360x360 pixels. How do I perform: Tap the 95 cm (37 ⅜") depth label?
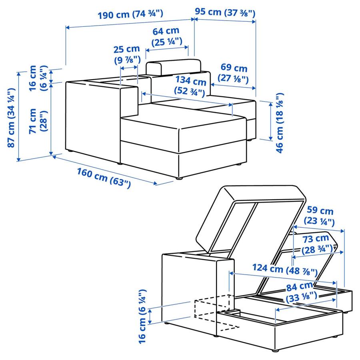tap(225, 12)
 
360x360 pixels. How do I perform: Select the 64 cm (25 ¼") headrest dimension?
tap(167, 36)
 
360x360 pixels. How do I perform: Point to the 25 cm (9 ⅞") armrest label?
tap(126, 54)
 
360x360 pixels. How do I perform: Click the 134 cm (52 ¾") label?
tap(190, 86)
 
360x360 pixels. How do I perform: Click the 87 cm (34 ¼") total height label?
tap(12, 120)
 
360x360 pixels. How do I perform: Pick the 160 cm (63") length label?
tap(103, 178)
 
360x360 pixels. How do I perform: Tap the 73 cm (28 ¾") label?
tap(319, 244)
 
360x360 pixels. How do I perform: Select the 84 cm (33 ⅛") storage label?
tap(300, 291)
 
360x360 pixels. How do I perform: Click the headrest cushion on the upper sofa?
tap(173, 67)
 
